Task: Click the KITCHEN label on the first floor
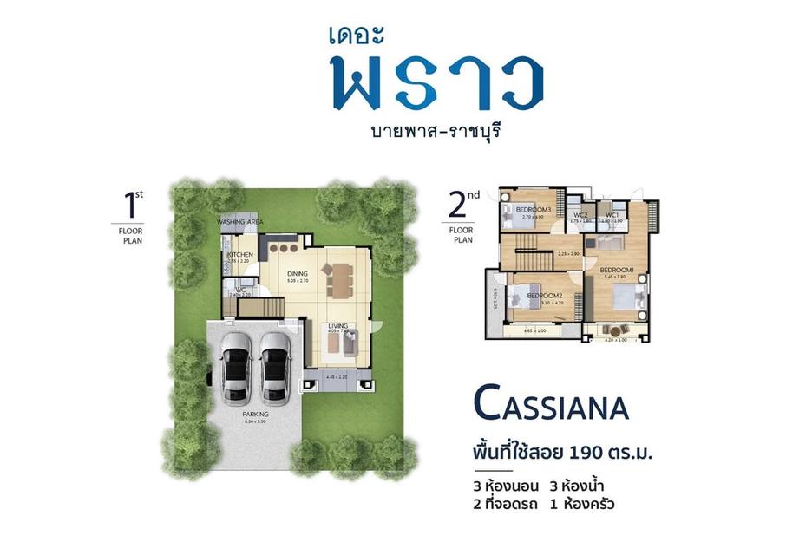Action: (x=240, y=253)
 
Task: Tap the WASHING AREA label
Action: (x=240, y=222)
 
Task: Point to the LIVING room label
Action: (x=338, y=325)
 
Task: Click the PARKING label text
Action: (x=256, y=415)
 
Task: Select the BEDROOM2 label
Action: (x=546, y=296)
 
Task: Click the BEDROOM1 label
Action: (x=619, y=270)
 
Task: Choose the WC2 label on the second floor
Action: (x=581, y=214)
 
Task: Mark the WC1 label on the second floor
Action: (x=612, y=214)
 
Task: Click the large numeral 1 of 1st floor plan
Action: (x=131, y=206)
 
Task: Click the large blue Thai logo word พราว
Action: (x=438, y=84)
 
